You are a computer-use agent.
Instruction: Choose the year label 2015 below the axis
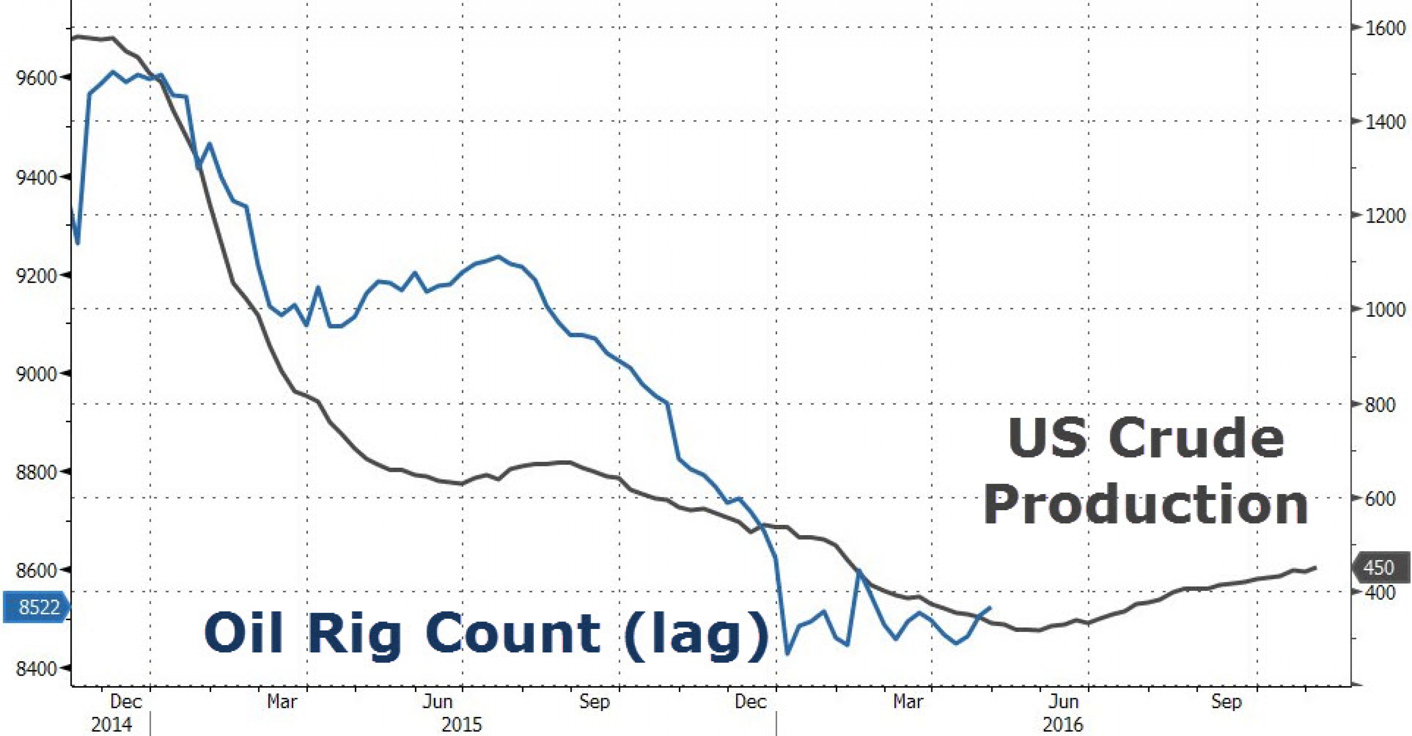[462, 725]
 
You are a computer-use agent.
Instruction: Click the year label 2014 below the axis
[112, 725]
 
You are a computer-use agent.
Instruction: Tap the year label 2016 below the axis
[1064, 725]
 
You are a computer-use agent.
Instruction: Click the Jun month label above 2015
[439, 701]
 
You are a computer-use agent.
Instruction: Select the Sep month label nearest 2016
[1226, 701]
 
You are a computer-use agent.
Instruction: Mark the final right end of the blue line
[990, 607]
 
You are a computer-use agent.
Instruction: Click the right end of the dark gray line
[1315, 567]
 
